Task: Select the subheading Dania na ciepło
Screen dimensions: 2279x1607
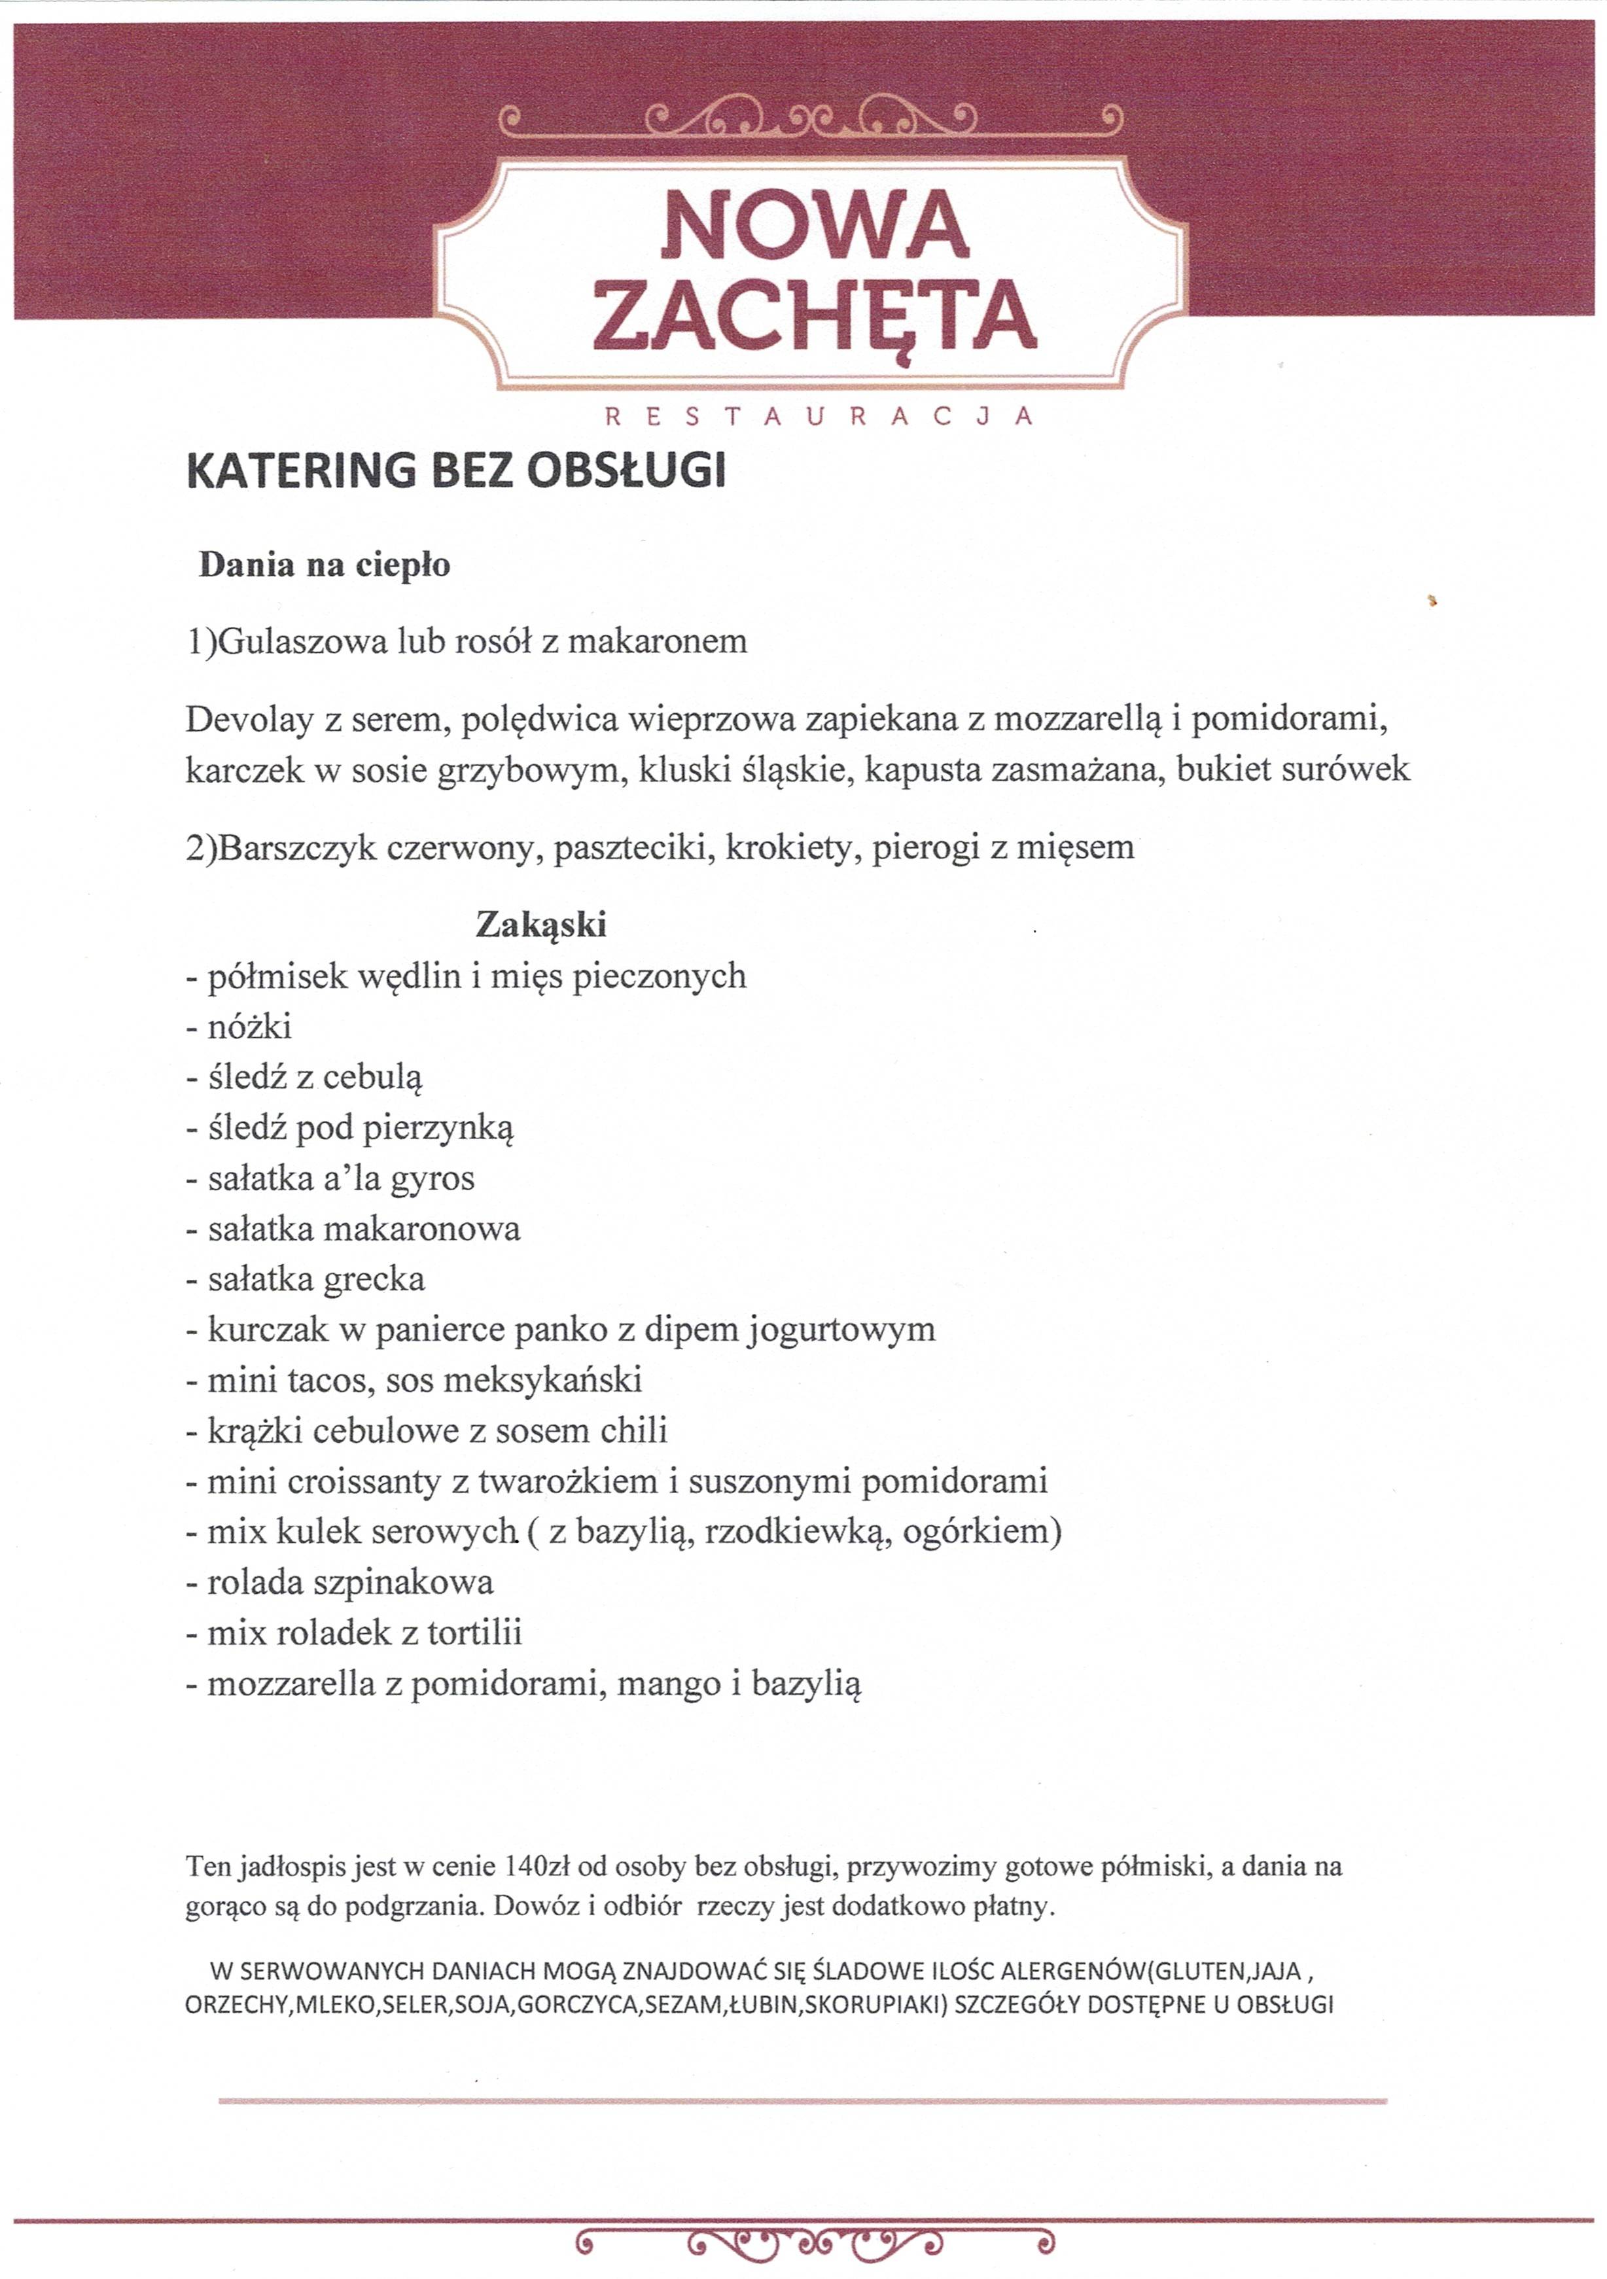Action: click(x=325, y=565)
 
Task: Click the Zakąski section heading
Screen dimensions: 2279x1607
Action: click(x=541, y=924)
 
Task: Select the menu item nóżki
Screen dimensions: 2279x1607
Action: click(x=249, y=1027)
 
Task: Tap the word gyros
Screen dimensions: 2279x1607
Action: click(x=433, y=1178)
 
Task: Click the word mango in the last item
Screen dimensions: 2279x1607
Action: click(x=670, y=1684)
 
